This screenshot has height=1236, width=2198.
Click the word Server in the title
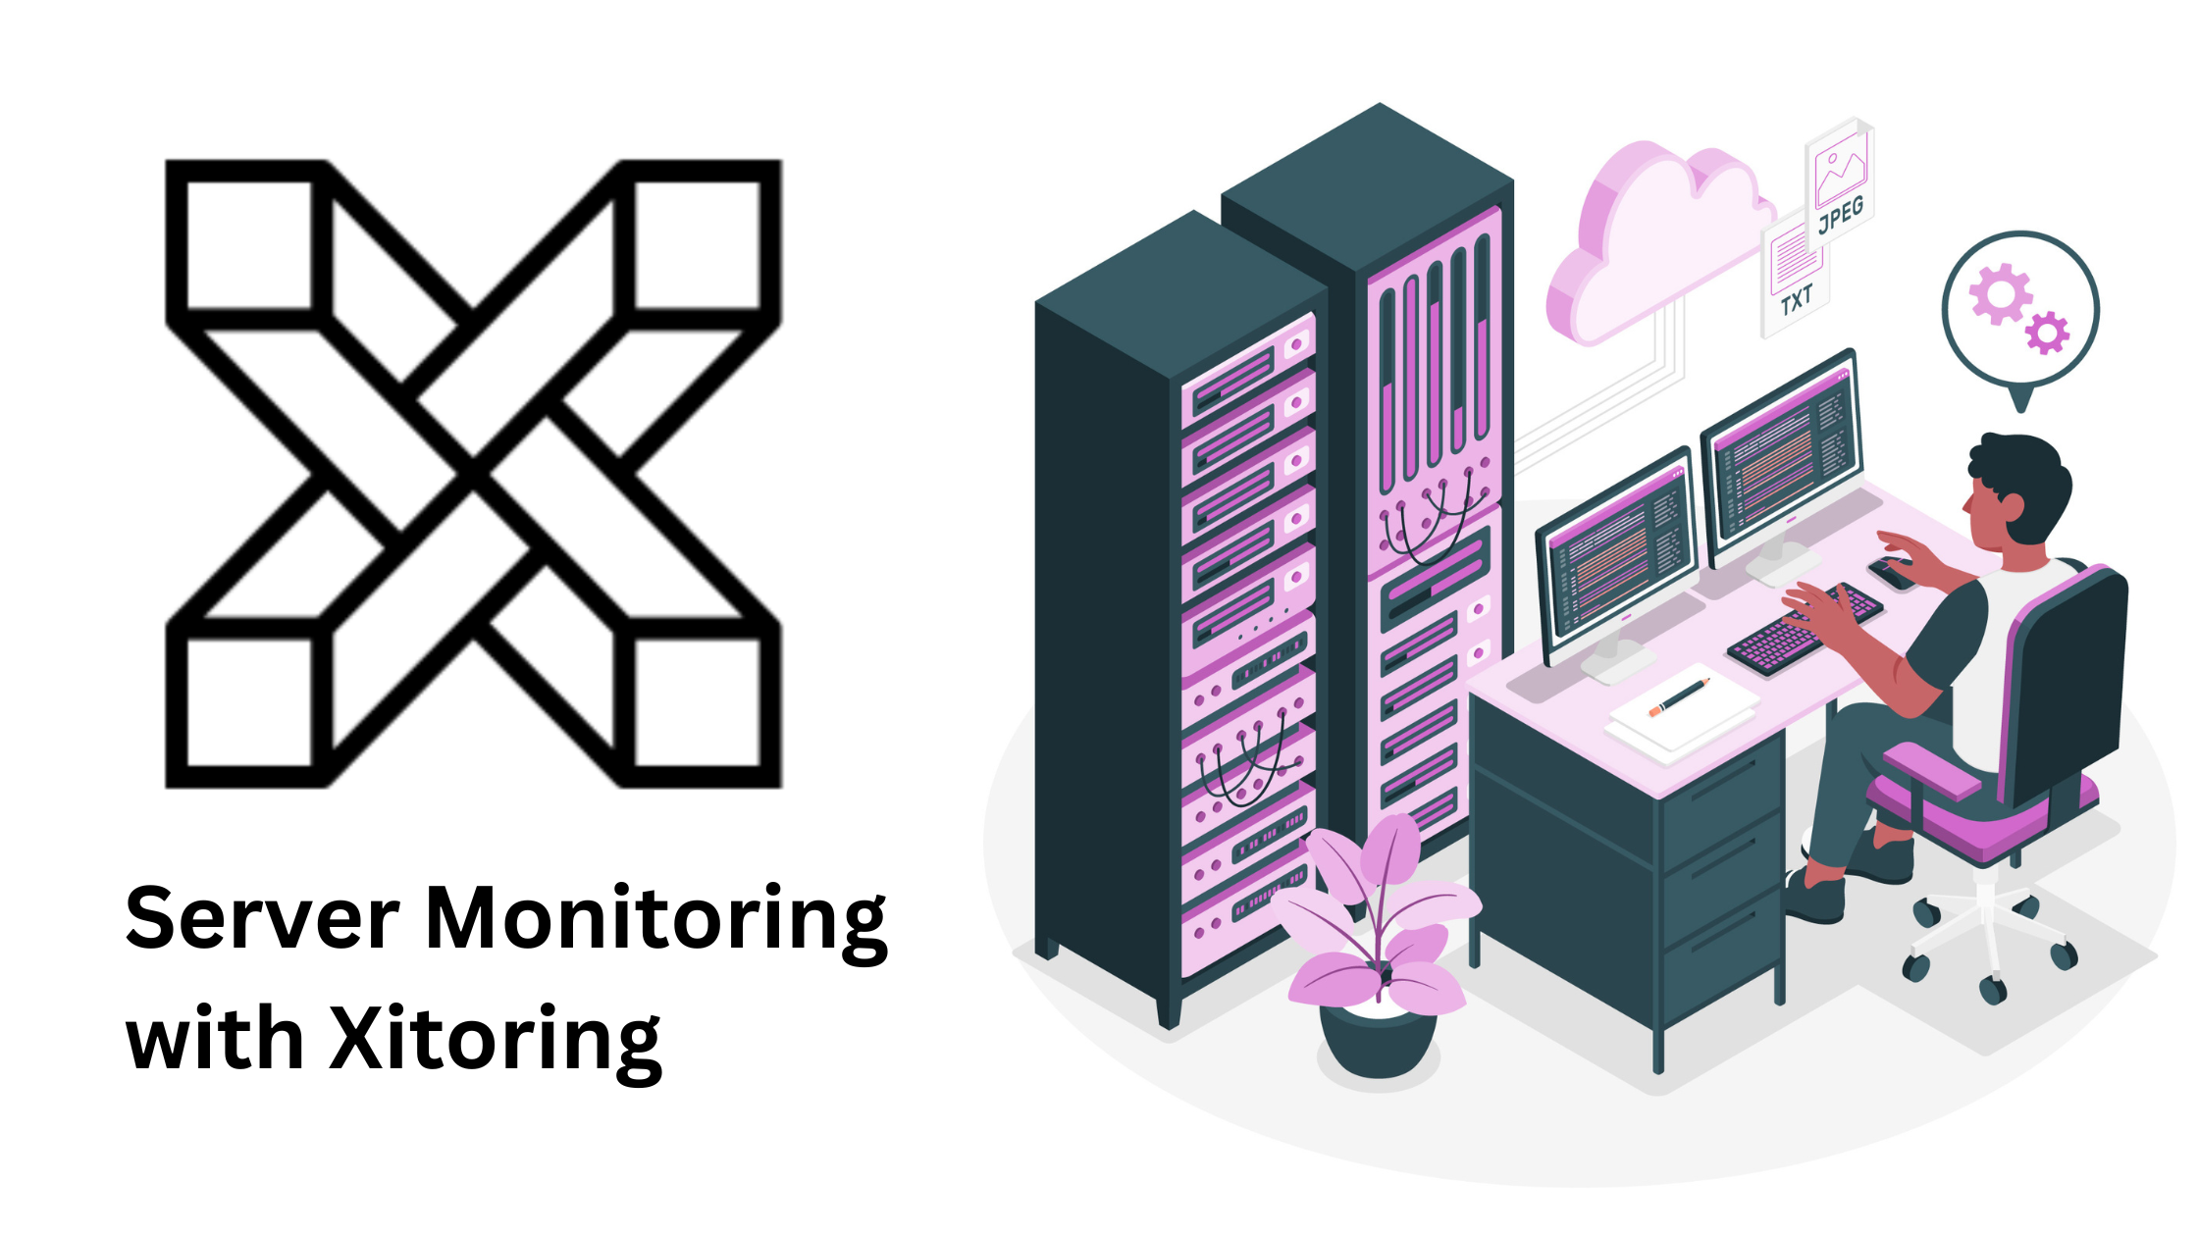(x=262, y=919)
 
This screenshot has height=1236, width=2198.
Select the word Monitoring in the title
(x=655, y=922)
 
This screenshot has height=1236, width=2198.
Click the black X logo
(x=473, y=473)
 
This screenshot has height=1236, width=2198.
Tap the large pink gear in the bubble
(x=2000, y=293)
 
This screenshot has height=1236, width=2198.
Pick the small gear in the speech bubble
(x=2048, y=333)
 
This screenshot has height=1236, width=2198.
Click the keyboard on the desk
(x=1803, y=631)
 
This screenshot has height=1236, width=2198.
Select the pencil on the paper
(x=1681, y=696)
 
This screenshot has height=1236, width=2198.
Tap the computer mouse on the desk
(x=1891, y=572)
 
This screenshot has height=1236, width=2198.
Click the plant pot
(x=1378, y=1042)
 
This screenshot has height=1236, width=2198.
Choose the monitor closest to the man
(x=1781, y=456)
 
